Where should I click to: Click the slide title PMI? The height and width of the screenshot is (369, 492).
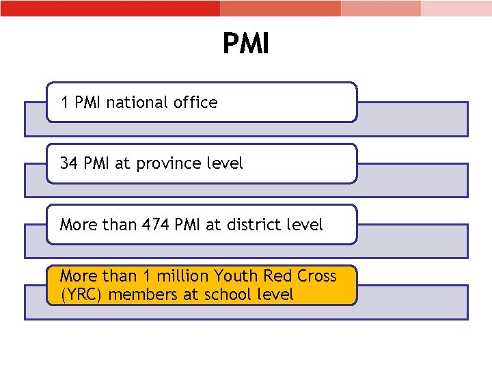[x=246, y=44]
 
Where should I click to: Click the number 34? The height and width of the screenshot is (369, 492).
[x=69, y=163]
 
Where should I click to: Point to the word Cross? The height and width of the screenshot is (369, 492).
[x=316, y=276]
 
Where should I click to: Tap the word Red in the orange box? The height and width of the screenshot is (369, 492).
[x=277, y=276]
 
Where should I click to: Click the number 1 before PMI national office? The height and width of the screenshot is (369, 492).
[x=65, y=102]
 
